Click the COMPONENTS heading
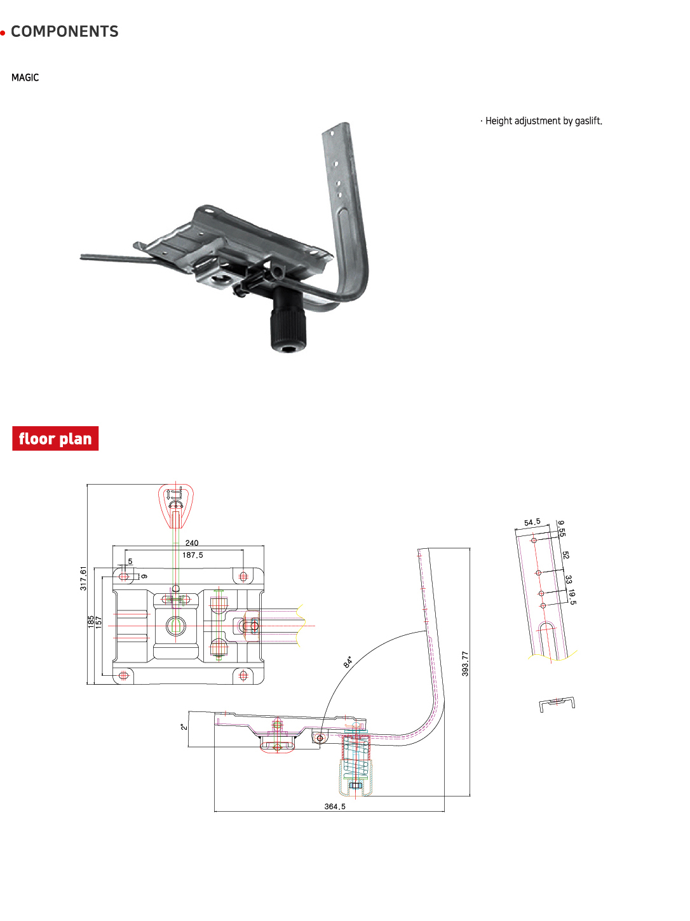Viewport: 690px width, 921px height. (x=65, y=32)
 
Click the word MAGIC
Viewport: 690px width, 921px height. (x=25, y=77)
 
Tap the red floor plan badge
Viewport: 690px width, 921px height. (x=55, y=438)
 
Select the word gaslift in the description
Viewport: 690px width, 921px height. (x=588, y=121)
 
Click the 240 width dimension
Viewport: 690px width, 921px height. (x=192, y=542)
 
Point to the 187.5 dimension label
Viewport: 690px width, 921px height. (x=193, y=555)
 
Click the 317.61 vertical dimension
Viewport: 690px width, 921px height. (x=83, y=578)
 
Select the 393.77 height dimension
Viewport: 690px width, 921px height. (x=465, y=663)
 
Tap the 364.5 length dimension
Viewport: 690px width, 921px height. (x=335, y=807)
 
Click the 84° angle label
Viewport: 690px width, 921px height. (x=348, y=662)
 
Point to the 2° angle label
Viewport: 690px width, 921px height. (x=184, y=727)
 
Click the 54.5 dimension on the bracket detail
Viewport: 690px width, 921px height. (x=532, y=522)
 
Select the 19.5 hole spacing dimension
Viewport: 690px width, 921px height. (x=572, y=596)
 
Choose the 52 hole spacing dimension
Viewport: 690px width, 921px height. (x=565, y=555)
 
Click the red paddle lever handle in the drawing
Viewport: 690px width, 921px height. (x=176, y=506)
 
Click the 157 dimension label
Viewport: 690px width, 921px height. (x=98, y=622)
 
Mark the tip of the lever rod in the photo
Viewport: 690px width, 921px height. (x=81, y=257)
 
